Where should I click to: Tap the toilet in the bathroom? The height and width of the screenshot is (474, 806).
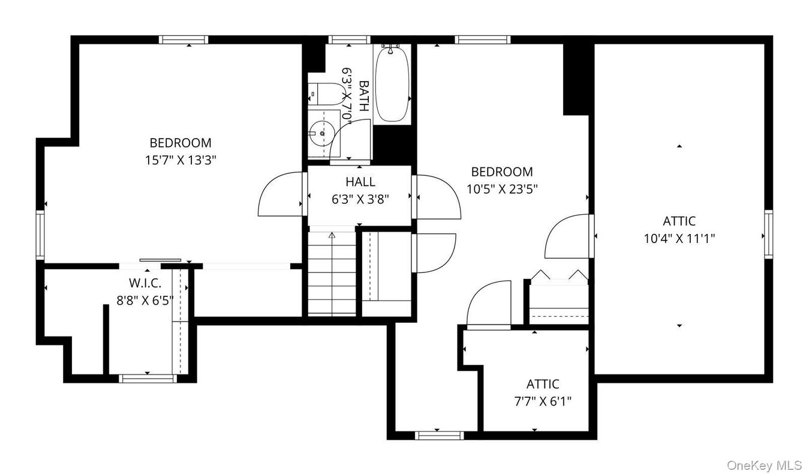point(321,94)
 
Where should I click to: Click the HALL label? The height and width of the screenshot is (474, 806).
point(360,182)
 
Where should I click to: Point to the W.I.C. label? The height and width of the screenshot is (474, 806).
point(145,283)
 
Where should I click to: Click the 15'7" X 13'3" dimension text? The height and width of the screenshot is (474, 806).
point(181,160)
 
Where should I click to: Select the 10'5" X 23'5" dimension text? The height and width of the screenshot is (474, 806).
point(502,188)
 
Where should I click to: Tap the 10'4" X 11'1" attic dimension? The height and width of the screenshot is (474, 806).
point(679,238)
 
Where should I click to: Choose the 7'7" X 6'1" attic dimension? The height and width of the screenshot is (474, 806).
point(543,401)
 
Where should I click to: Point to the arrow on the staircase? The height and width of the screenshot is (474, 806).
point(332,236)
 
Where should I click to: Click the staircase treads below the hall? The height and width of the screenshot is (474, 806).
point(332,274)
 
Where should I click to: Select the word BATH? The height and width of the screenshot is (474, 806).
point(364,96)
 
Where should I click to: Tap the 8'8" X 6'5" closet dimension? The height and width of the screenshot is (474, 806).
point(145,300)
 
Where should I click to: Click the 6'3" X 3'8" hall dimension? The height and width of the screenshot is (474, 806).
point(360,199)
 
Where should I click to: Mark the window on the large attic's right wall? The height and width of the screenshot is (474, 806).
point(768,235)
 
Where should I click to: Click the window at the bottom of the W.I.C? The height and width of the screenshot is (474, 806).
point(148,378)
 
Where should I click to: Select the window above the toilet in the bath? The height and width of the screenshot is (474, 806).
point(350,40)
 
